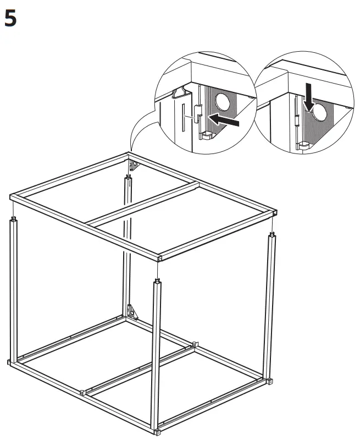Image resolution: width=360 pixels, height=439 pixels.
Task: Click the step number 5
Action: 10,19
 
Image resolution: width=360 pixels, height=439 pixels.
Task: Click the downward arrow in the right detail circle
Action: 309,98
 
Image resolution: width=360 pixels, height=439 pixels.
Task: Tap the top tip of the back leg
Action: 129,177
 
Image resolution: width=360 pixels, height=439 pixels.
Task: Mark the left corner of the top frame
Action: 13,197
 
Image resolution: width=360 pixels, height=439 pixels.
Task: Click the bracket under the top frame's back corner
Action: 132,164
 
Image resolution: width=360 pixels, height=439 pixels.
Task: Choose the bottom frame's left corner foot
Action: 10,362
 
